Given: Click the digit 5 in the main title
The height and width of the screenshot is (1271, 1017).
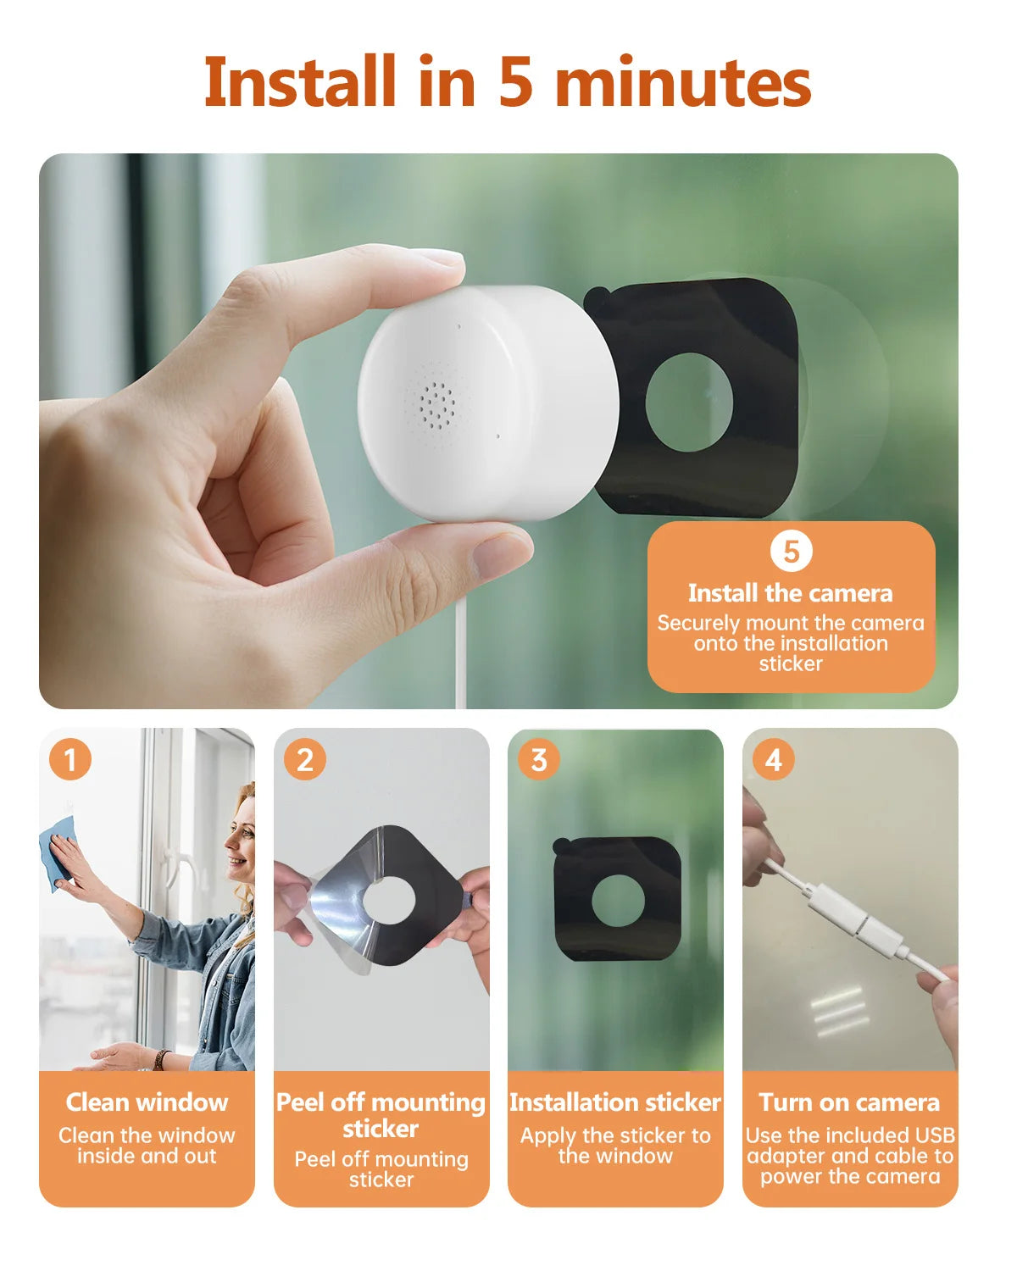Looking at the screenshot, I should pos(514,83).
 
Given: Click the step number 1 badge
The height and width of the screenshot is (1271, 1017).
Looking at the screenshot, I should pos(70,759).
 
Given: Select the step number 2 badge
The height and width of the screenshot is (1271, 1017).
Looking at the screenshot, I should pos(305,759).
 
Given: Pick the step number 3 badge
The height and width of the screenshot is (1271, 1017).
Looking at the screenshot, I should pos(539,759).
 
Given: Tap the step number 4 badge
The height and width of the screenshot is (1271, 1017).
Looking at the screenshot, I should pos(773,759).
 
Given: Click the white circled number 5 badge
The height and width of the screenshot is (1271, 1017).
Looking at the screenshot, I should pos(791,552).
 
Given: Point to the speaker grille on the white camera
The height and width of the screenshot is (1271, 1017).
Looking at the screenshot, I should pos(436,404).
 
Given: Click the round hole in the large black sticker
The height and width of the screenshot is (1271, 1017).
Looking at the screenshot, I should pos(689,402).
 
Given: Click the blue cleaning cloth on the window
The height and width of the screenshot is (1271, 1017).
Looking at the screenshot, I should pos(57,852).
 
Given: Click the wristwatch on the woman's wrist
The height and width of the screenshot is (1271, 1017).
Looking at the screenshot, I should pos(160,1059).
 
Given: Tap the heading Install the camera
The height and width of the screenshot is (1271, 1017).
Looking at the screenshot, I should pos(790,593).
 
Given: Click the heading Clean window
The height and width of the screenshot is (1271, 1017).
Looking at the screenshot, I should pos(147,1102).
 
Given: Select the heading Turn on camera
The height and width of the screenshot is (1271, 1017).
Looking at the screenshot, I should pos(849,1102).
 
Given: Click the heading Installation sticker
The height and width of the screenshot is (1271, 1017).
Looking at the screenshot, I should pos(615,1102).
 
